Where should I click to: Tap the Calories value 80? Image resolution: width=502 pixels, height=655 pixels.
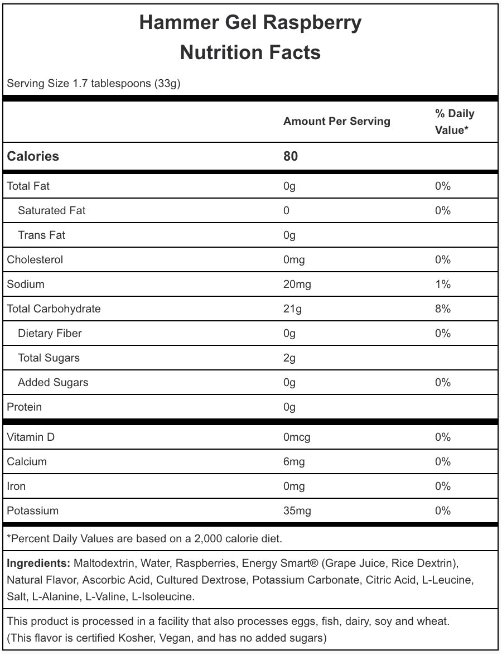coord(291,156)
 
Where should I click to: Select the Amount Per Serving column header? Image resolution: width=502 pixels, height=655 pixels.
coord(336,122)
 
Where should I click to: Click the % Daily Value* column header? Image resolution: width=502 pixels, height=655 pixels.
coord(454,122)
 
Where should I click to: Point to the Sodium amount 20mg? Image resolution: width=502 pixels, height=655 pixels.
coord(297,285)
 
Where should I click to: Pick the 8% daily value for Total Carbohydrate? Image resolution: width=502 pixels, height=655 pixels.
coord(442,309)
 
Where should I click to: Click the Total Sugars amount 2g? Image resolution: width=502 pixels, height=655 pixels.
coord(289,358)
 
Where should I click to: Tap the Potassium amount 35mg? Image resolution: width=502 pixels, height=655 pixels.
coord(297,511)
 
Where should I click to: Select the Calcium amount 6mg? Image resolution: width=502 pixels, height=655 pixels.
coord(294,462)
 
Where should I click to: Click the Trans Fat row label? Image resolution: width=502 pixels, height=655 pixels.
coord(41,235)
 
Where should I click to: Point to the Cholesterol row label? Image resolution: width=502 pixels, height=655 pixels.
coord(35,260)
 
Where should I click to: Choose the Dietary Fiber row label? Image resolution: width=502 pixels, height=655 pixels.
coord(50,334)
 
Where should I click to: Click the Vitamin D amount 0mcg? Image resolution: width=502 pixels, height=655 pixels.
coord(297,437)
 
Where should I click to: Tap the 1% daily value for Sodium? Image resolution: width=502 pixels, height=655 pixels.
coord(442,285)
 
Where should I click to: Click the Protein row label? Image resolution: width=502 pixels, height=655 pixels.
coord(24,407)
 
